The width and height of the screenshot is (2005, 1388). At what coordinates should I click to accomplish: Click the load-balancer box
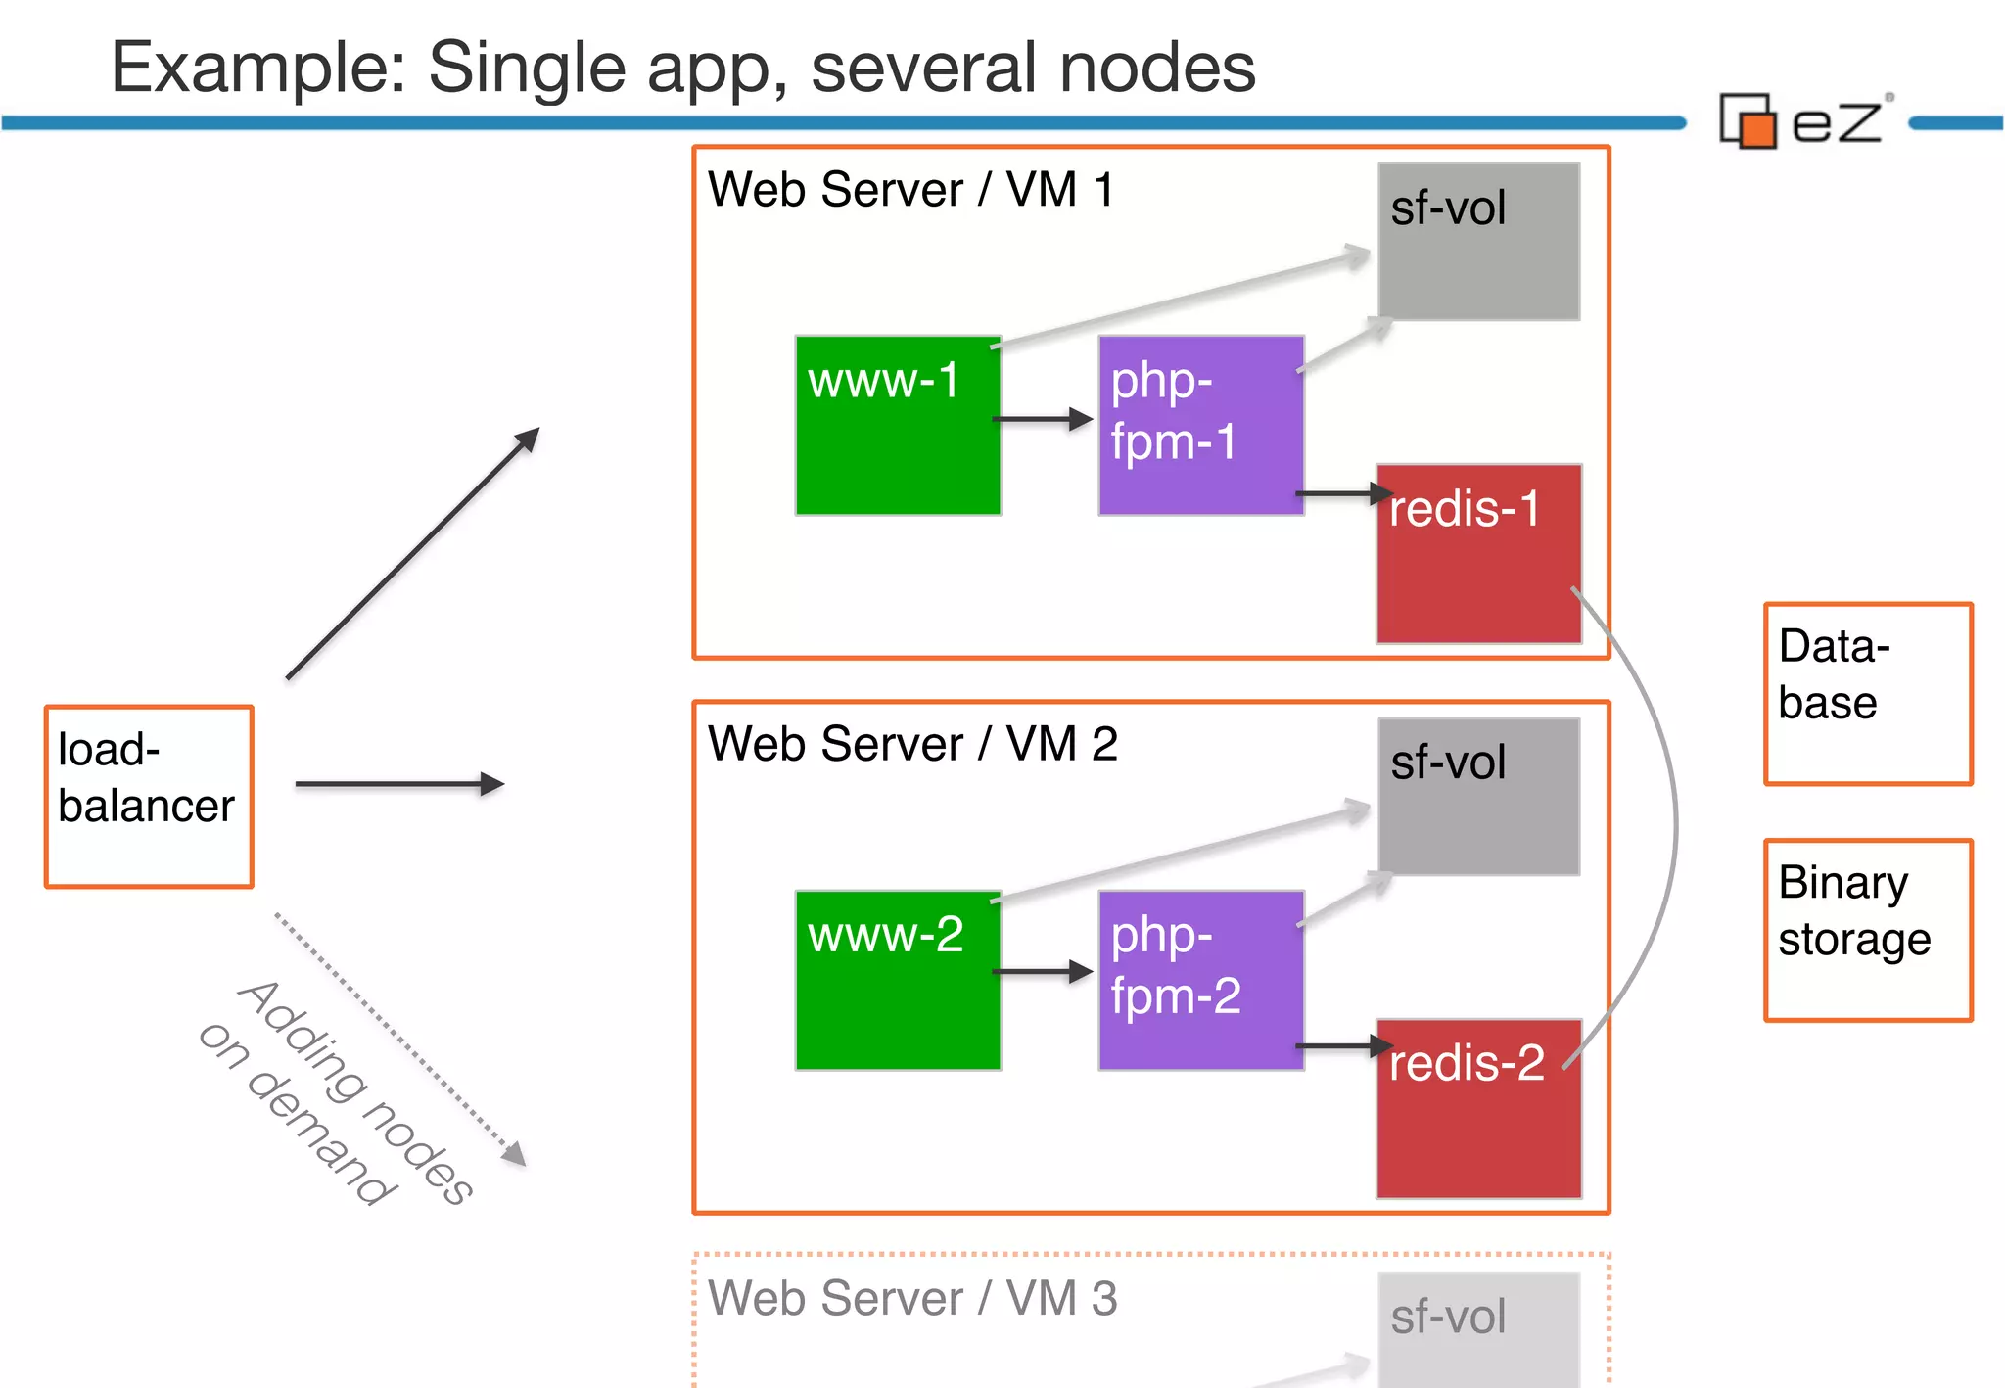pos(149,796)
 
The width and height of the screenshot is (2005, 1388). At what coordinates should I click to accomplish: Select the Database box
pos(1867,693)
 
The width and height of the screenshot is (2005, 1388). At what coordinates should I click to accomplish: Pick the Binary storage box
pos(1867,930)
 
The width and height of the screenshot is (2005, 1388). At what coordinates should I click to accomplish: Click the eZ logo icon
pos(1749,121)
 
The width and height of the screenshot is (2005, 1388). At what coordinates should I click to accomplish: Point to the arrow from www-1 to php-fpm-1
pos(1042,420)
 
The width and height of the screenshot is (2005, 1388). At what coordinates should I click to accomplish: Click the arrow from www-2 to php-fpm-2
pos(1042,972)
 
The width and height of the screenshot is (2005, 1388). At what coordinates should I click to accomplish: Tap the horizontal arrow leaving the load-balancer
pos(398,784)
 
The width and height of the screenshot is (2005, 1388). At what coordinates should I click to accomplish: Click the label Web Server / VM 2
pos(912,744)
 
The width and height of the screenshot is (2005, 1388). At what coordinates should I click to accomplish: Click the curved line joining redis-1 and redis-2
pos(1674,822)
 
